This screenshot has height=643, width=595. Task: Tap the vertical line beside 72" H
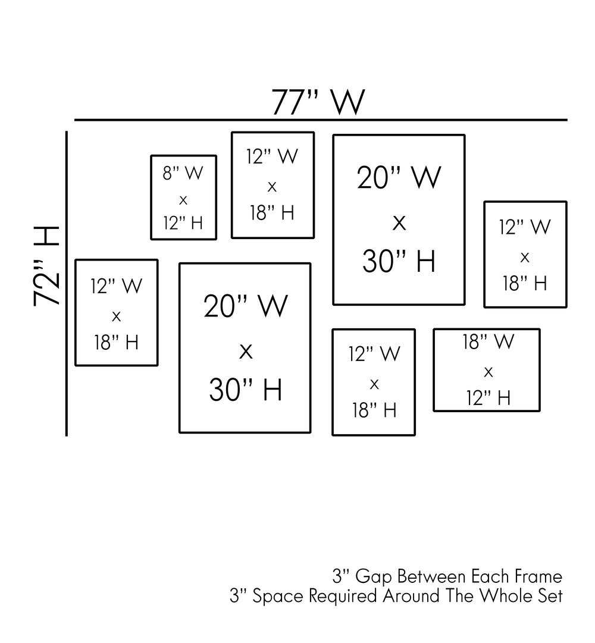tap(67, 283)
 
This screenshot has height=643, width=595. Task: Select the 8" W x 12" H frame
tap(183, 197)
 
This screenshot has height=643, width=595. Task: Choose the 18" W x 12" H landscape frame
tap(487, 370)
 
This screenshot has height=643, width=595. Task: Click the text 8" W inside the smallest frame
tap(183, 173)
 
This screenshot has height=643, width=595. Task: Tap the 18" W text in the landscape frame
tap(488, 342)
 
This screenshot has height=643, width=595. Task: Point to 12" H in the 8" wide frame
tap(183, 223)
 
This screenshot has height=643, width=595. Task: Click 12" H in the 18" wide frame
tap(488, 398)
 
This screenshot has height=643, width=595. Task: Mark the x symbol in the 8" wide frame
tap(183, 199)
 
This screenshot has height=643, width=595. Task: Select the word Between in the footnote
tap(432, 576)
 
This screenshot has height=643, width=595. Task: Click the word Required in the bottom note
tap(334, 596)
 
